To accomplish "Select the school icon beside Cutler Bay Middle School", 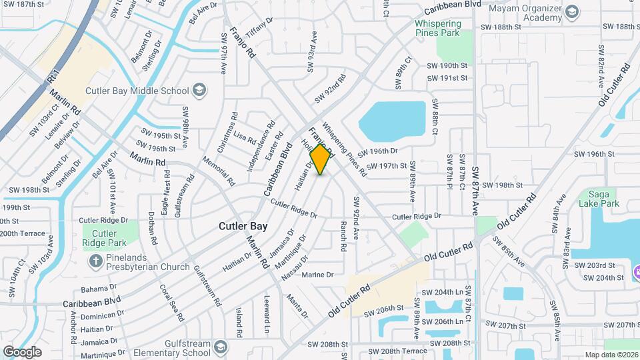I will tap(199, 90).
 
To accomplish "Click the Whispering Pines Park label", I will tap(437, 27).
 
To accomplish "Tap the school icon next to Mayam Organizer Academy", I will tap(572, 12).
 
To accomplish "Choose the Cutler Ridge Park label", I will tap(105, 238).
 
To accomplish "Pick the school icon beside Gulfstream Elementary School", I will tap(220, 347).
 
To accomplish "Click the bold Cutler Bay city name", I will tap(243, 227).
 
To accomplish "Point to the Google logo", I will tap(22, 352).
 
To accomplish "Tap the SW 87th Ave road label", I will tap(475, 190).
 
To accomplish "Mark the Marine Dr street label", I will tap(317, 275).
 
